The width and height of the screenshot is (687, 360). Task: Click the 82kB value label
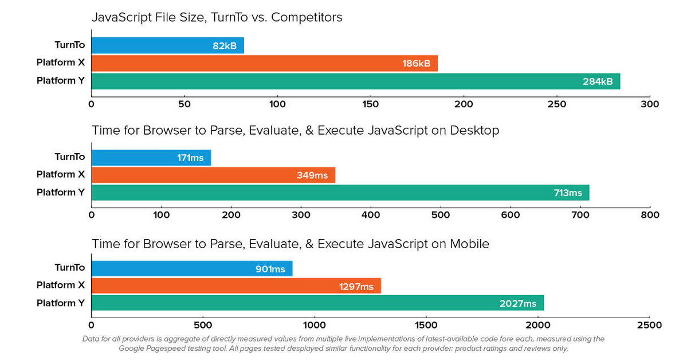click(225, 46)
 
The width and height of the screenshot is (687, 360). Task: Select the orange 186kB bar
click(264, 64)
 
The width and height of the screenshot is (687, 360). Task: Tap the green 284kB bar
click(355, 81)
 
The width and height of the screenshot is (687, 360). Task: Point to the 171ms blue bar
click(151, 158)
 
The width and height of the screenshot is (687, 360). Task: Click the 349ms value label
click(312, 175)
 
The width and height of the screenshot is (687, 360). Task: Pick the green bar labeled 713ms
click(340, 193)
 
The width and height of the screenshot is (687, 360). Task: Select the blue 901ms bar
click(191, 268)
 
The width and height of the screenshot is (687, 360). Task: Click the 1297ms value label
click(356, 286)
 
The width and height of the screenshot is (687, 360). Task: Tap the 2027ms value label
click(518, 304)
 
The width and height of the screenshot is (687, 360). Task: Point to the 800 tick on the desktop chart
click(649, 215)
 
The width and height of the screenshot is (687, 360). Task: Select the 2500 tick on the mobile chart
click(649, 325)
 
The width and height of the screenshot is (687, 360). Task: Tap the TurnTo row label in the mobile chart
click(69, 268)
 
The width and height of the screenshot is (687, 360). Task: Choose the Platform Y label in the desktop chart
click(60, 192)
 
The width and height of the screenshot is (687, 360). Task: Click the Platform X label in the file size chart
click(60, 63)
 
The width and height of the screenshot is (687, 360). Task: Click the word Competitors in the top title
click(307, 17)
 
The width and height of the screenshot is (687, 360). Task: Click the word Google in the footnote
click(134, 348)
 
